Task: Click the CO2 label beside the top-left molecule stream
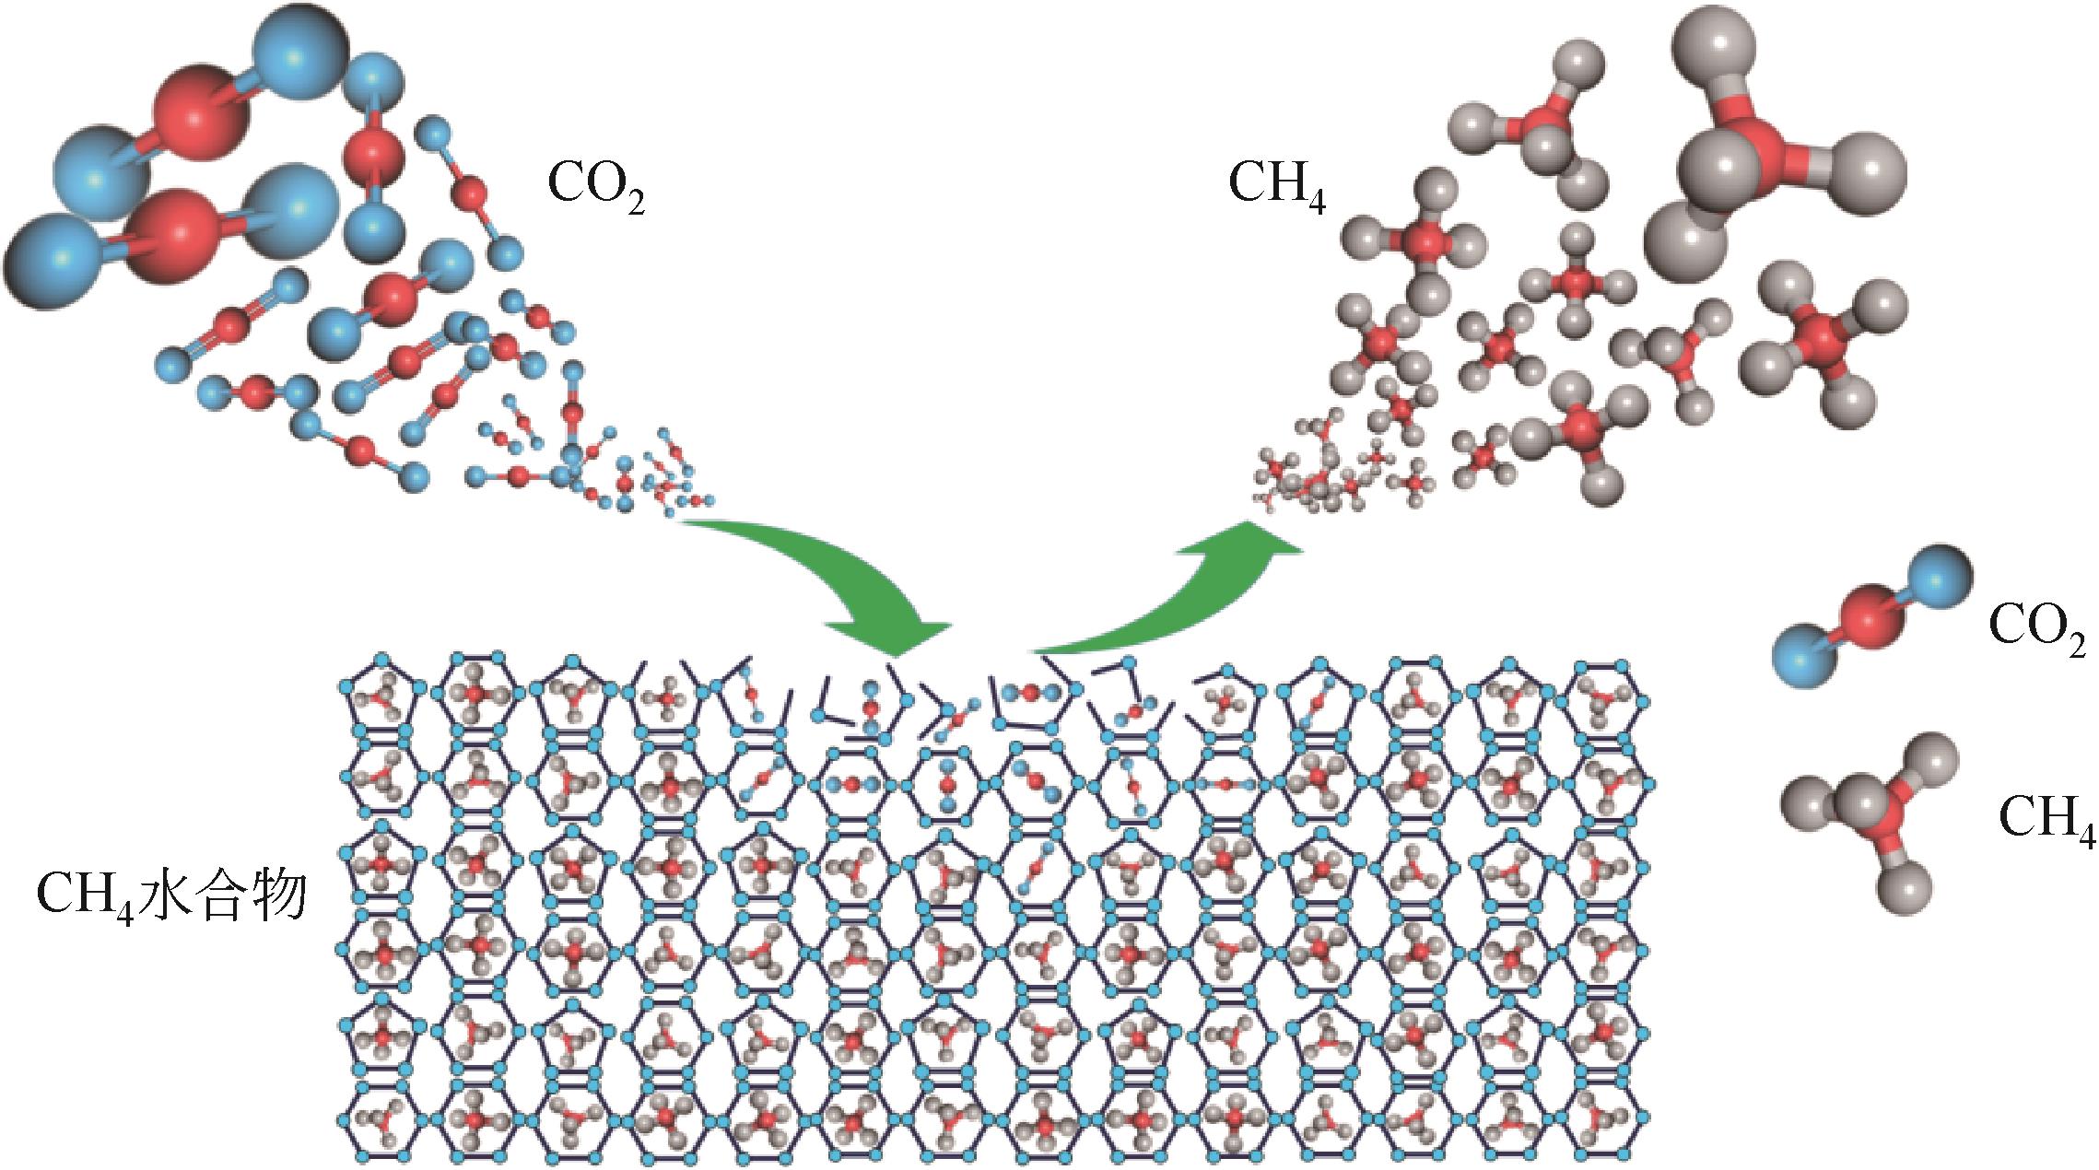pyautogui.click(x=595, y=190)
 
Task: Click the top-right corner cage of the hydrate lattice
pyautogui.click(x=1603, y=696)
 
